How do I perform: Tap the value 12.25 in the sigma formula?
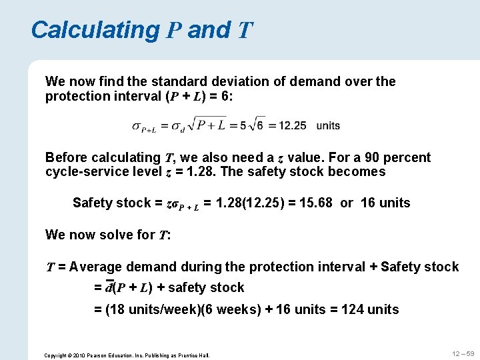pyautogui.click(x=293, y=125)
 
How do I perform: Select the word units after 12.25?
pyautogui.click(x=328, y=125)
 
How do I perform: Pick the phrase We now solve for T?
pyautogui.click(x=108, y=235)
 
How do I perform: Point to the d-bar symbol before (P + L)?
pyautogui.click(x=109, y=287)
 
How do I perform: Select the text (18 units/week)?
pyautogui.click(x=157, y=309)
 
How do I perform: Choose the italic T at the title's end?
pyautogui.click(x=245, y=30)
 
